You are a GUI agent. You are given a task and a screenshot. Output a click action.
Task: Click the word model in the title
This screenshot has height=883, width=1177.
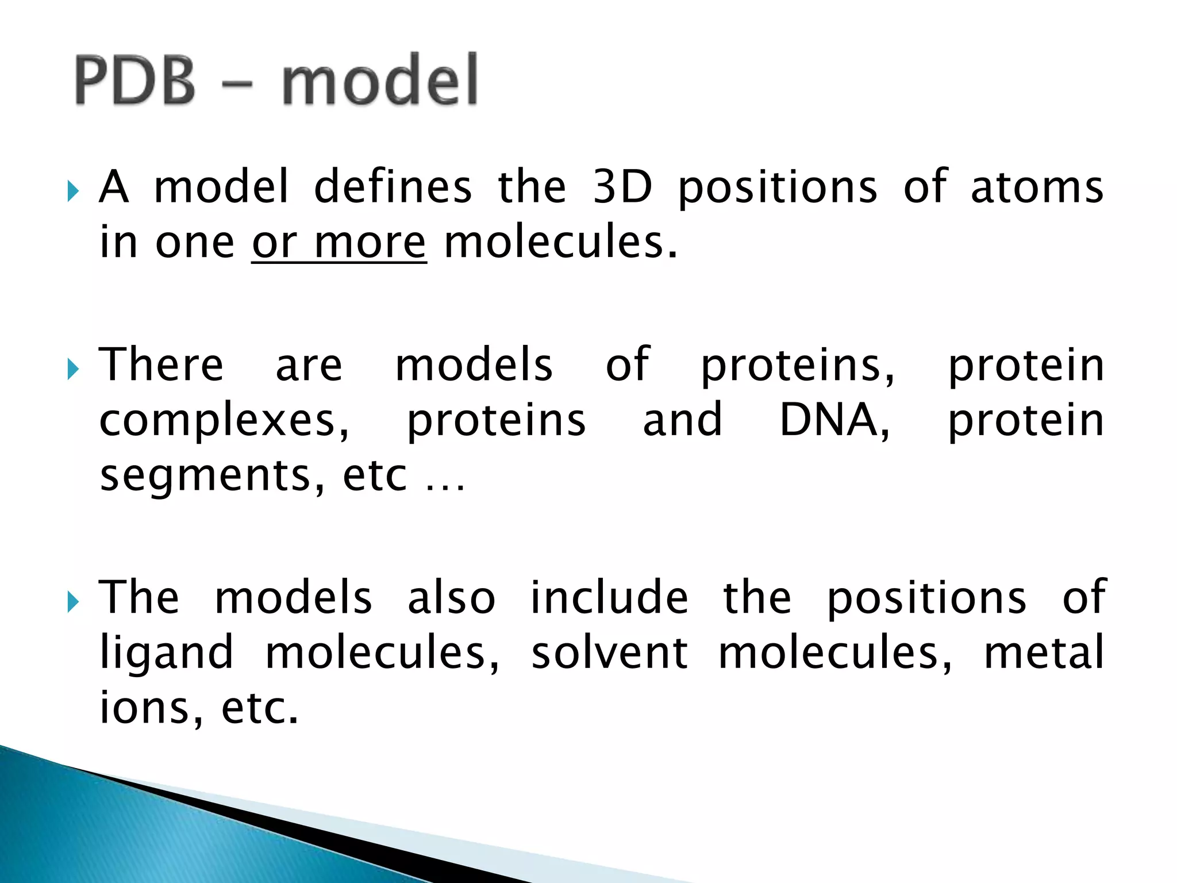click(380, 80)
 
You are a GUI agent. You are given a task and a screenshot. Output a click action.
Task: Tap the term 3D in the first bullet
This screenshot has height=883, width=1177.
click(622, 187)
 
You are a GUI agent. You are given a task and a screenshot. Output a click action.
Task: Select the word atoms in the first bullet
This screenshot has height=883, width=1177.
click(1037, 188)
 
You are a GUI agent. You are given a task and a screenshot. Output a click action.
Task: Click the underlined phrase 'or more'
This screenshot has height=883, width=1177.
click(339, 243)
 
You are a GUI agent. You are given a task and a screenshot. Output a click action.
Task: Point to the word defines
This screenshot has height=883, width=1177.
click(393, 187)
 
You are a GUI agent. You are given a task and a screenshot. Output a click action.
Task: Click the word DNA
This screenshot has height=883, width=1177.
click(833, 420)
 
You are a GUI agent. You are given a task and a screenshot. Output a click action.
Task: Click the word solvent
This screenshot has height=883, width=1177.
click(609, 653)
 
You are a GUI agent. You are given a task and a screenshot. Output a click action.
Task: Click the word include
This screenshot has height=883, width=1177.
click(609, 598)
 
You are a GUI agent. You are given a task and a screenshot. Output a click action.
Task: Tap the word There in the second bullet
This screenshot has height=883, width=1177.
click(161, 365)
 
